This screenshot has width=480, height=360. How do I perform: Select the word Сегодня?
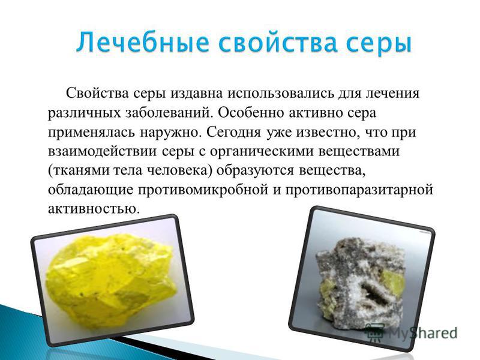[233, 133]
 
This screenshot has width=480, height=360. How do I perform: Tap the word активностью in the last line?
[93, 209]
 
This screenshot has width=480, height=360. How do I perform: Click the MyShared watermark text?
[423, 333]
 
